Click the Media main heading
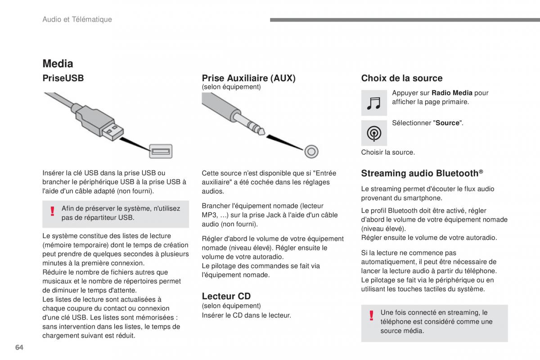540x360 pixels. (x=58, y=63)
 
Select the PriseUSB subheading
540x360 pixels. (x=63, y=78)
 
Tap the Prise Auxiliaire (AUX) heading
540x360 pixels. (x=248, y=78)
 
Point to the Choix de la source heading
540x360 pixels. (x=401, y=78)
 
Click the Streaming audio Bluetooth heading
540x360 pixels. (x=422, y=173)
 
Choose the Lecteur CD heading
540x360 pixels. (x=226, y=296)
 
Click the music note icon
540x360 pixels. (x=374, y=103)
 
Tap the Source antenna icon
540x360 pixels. (x=374, y=133)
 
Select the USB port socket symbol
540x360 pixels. (x=161, y=151)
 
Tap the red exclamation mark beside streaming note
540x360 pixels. (x=371, y=315)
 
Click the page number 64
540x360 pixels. (x=19, y=347)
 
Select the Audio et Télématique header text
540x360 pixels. (x=77, y=19)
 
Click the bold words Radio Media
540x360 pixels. (x=452, y=93)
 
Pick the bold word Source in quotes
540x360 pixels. (x=447, y=123)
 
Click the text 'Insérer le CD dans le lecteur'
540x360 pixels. (x=246, y=315)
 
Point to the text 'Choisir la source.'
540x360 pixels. (x=388, y=152)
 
